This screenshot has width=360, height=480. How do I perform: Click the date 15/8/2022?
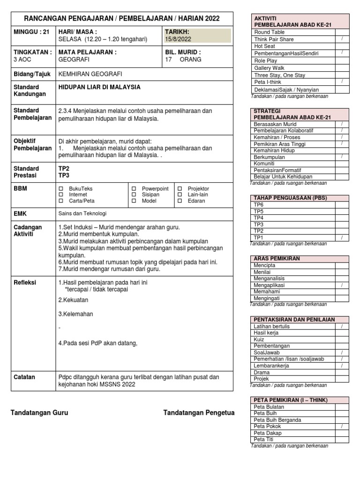tap(178, 39)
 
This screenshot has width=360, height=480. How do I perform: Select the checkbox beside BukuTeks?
tap(60, 188)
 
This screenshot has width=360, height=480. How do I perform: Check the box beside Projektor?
tap(180, 188)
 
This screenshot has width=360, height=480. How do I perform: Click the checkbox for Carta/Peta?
tap(60, 201)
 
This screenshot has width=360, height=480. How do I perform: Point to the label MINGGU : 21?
tap(30, 31)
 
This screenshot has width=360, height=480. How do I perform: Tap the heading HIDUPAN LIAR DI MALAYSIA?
tap(99, 87)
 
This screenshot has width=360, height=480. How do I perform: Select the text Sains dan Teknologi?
tap(82, 213)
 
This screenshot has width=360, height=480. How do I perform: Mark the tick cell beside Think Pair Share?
tap(341, 39)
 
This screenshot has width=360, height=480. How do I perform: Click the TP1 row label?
tap(258, 238)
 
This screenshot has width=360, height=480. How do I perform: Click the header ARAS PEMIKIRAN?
tap(277, 258)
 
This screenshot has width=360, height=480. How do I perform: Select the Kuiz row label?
tap(259, 339)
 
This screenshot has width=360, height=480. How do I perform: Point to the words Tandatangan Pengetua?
tap(199, 412)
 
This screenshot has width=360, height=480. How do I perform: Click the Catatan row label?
tap(23, 377)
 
